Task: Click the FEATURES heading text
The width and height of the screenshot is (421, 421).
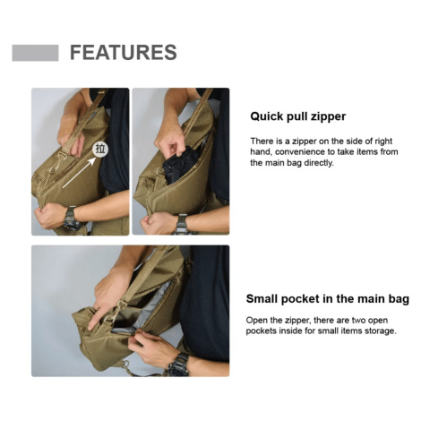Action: (x=124, y=52)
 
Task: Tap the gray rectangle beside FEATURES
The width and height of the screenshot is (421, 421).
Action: (x=35, y=53)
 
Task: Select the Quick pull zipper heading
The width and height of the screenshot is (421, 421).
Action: (x=297, y=116)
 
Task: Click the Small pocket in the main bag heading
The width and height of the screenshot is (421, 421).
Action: (x=328, y=298)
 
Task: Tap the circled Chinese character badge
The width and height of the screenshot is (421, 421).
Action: (x=100, y=149)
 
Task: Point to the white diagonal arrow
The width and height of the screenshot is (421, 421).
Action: (x=79, y=172)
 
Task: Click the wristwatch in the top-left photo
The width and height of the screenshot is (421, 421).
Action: (x=72, y=218)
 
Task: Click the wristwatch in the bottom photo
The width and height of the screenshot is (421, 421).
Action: (x=178, y=365)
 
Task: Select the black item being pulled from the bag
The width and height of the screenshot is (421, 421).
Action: (x=180, y=164)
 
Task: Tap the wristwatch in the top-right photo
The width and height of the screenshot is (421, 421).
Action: (x=182, y=223)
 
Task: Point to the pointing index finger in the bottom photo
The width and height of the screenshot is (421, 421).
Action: (x=96, y=318)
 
